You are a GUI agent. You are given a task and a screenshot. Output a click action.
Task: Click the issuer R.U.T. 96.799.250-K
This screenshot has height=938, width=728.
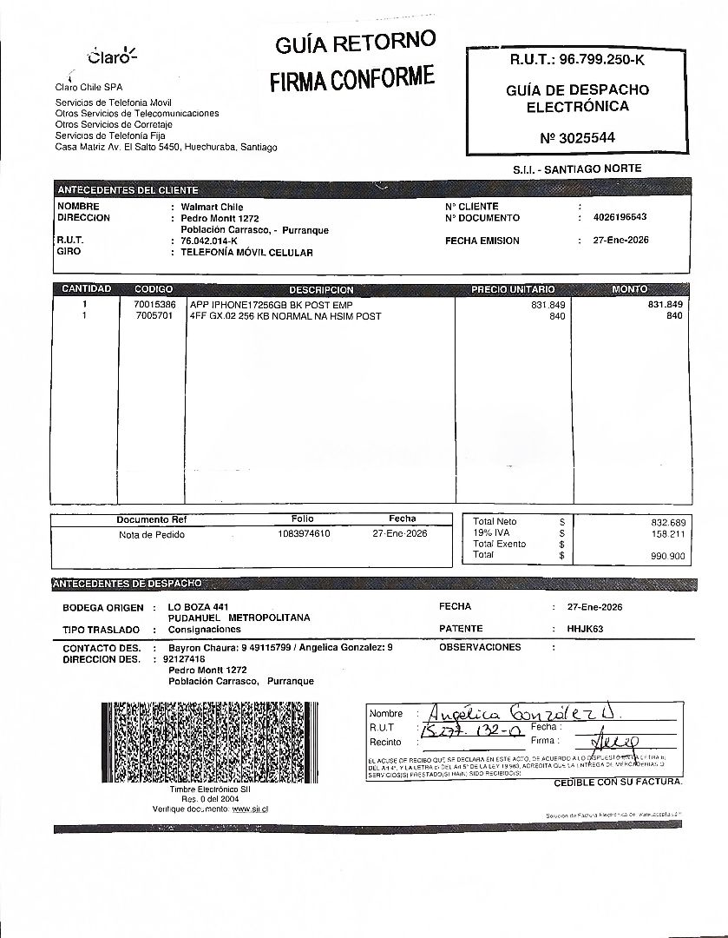pyautogui.click(x=578, y=60)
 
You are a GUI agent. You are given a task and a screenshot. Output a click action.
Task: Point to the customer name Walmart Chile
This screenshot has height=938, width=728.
pyautogui.click(x=212, y=207)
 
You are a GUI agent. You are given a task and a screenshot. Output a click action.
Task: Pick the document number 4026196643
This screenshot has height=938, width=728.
pyautogui.click(x=620, y=218)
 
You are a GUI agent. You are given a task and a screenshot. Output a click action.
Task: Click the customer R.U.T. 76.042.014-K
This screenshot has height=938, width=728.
pyautogui.click(x=208, y=241)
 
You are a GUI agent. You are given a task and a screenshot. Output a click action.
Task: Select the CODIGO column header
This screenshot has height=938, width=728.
pyautogui.click(x=154, y=289)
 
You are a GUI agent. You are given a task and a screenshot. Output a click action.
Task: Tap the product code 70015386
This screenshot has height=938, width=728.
pyautogui.click(x=155, y=305)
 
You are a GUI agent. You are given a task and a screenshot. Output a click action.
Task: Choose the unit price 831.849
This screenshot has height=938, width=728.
pyautogui.click(x=548, y=305)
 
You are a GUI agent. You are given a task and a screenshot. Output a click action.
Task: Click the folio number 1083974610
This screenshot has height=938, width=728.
pyautogui.click(x=304, y=534)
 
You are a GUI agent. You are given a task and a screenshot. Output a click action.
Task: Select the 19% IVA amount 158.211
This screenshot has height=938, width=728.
pyautogui.click(x=667, y=533)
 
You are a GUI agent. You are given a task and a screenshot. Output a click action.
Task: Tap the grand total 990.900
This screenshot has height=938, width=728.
pyautogui.click(x=667, y=555)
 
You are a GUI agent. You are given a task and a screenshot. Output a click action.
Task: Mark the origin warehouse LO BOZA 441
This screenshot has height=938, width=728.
pyautogui.click(x=198, y=606)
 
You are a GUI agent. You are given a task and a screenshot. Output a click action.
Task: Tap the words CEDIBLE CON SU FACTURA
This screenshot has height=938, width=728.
pyautogui.click(x=618, y=783)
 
